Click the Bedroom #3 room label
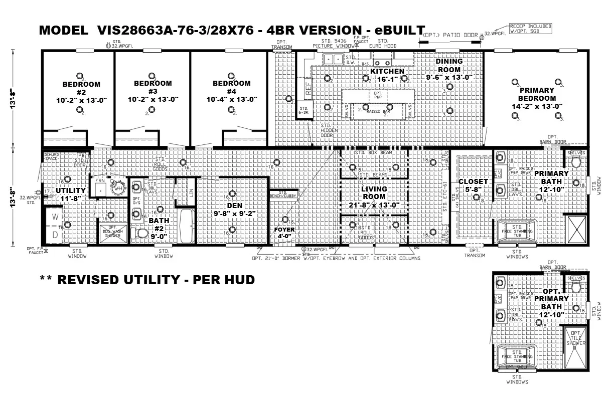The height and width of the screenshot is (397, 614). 152,91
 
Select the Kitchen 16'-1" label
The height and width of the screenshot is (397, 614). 387,75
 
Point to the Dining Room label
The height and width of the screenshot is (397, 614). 449,69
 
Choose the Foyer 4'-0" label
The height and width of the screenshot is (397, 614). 284,233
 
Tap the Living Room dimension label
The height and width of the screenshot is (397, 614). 374,197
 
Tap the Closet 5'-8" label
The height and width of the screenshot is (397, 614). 473,185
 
